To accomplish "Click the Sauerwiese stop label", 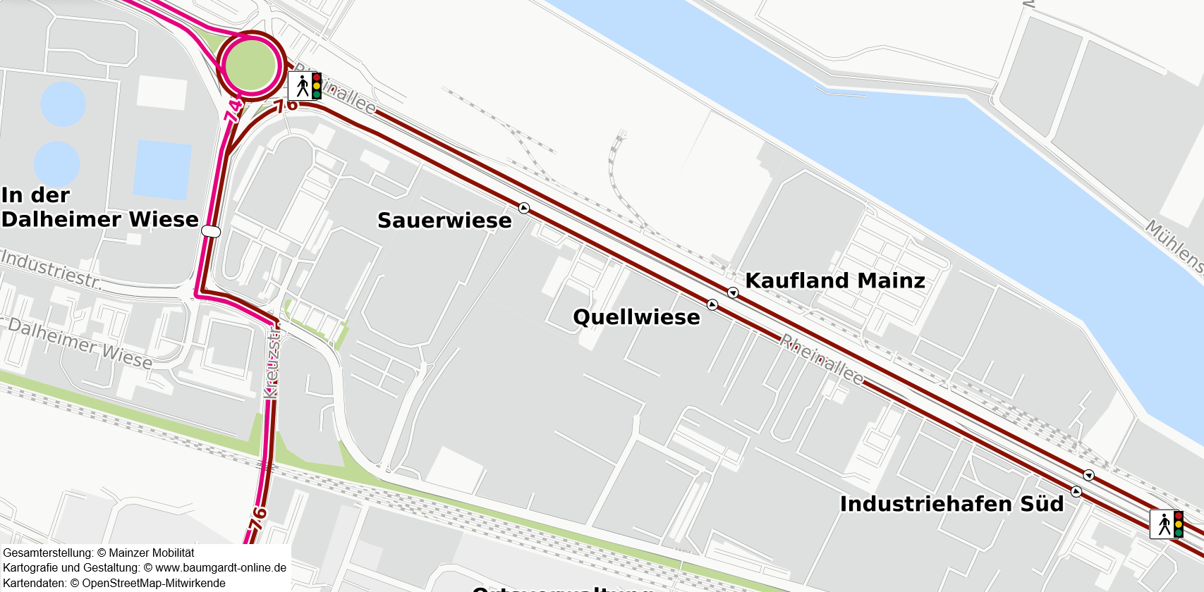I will point(444,221).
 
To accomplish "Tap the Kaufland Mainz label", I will point(835,280).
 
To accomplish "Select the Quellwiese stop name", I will point(636,317).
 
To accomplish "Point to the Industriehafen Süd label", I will point(951,504).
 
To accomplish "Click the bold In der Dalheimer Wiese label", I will point(99,207).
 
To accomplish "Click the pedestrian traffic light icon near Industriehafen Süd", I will point(1167,524).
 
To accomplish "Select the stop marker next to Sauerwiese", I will point(524,208).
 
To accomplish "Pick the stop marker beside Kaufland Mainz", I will point(733,292).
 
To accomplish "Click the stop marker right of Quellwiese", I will point(712,304).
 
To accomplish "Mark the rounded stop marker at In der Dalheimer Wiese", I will point(211,231).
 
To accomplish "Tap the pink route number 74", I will point(233,111).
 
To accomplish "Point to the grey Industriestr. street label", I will point(51,269).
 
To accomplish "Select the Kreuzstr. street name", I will point(272,362).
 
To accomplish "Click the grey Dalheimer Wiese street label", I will point(80,344).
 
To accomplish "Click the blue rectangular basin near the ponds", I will point(162,169).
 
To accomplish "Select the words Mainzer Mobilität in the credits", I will point(151,553).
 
